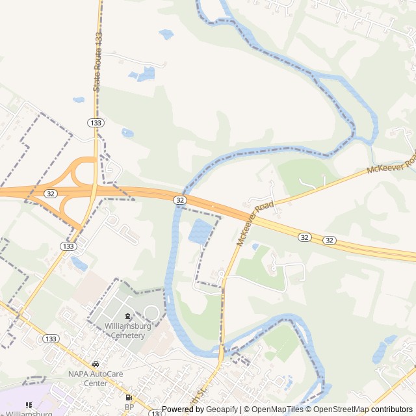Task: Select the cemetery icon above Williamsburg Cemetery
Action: [x=127, y=317]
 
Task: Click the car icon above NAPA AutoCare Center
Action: [x=96, y=365]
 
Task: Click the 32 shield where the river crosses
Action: [x=179, y=200]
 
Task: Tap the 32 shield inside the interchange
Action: [x=50, y=194]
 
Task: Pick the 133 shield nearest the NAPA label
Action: [x=51, y=339]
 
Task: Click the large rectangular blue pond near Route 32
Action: [x=200, y=231]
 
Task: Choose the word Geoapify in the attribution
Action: [x=222, y=409]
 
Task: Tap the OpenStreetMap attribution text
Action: [x=337, y=409]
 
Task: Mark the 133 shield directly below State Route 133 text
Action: [x=96, y=122]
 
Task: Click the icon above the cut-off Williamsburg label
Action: [x=29, y=405]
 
